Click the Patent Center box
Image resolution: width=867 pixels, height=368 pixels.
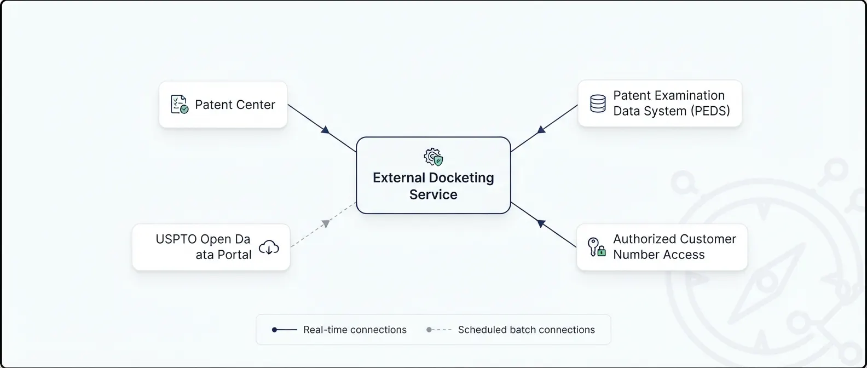[223, 105]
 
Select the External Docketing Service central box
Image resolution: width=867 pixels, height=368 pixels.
[433, 175]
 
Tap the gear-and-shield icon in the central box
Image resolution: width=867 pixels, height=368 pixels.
[433, 157]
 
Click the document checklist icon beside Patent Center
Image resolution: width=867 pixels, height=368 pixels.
[180, 105]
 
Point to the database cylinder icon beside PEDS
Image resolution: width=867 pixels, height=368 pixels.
[598, 104]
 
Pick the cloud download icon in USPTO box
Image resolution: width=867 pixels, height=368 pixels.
[269, 247]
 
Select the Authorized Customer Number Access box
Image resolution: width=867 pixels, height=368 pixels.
[662, 247]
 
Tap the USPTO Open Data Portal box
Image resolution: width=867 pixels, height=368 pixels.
[211, 247]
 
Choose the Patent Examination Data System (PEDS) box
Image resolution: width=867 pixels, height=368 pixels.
[660, 104]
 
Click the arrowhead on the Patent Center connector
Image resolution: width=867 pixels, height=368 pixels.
[326, 130]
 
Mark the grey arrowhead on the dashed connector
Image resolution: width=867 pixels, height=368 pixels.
[326, 223]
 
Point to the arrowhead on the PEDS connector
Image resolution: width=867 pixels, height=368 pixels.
[541, 129]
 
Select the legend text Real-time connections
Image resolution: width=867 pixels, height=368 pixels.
[355, 330]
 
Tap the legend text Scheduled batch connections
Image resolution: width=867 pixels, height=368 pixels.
[527, 330]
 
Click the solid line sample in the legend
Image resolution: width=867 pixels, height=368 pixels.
[285, 330]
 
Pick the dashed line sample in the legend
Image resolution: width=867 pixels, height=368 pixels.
[439, 330]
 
